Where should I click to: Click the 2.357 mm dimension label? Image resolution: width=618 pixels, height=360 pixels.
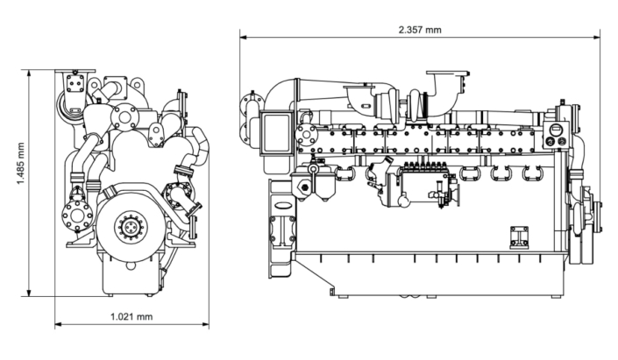[420, 30]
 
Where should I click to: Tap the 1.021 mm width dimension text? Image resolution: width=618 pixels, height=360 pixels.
[131, 316]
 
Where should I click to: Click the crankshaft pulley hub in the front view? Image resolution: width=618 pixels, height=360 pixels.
[130, 227]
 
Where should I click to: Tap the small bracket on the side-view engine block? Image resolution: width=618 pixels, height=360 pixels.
[519, 236]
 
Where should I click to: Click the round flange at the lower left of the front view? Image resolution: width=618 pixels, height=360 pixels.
[76, 215]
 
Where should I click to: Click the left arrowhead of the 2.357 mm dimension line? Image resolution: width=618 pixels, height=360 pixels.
[243, 38]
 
